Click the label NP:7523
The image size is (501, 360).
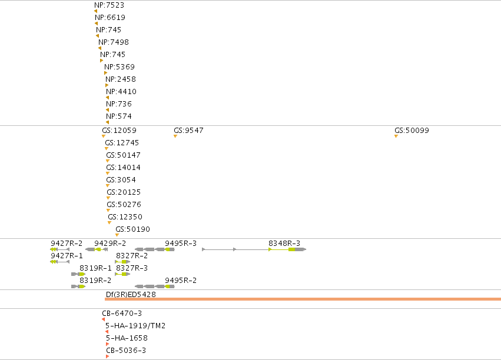(x=110, y=5)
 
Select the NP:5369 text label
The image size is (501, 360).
(x=120, y=66)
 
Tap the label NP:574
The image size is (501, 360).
(x=119, y=116)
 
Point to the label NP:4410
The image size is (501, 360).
(x=121, y=92)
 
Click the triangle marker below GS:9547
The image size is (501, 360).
(x=175, y=136)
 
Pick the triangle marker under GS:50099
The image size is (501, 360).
(x=396, y=136)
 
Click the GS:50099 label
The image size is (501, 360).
(x=412, y=130)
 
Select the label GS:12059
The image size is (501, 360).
(x=119, y=130)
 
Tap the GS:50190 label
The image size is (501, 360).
(x=132, y=229)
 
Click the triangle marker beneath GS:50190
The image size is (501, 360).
(x=117, y=235)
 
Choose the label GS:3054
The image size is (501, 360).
(x=121, y=179)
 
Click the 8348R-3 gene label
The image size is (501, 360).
(x=284, y=243)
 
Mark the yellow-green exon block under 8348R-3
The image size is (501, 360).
(x=292, y=249)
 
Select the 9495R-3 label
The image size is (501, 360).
(x=181, y=243)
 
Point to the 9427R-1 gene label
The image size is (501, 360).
(x=67, y=256)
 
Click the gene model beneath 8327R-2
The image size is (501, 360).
(x=122, y=262)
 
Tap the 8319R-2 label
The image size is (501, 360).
(x=95, y=280)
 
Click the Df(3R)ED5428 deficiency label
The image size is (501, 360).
(x=131, y=294)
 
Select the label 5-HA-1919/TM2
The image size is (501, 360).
(x=135, y=325)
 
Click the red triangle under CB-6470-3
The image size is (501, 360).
(x=103, y=319)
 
